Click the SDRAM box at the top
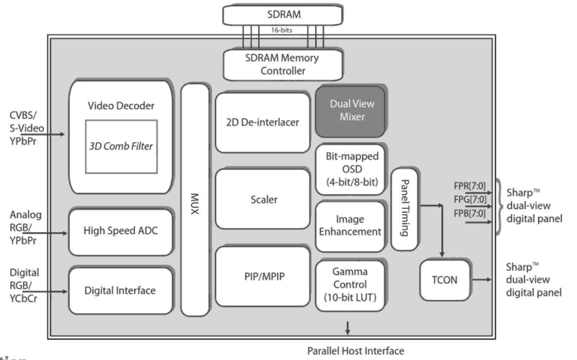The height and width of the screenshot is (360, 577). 283,15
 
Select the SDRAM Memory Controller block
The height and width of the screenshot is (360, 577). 283,65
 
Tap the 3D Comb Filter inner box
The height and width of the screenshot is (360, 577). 121,147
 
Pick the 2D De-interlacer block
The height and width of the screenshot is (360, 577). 262,122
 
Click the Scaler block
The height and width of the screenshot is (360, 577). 263,200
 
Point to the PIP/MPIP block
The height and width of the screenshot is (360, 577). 262,276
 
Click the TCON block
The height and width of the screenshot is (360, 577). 444,280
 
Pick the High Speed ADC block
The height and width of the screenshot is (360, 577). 120,230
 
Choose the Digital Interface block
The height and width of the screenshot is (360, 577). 120,291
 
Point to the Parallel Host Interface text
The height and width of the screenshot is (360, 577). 356,351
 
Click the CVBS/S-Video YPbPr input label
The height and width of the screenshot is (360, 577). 25,128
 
